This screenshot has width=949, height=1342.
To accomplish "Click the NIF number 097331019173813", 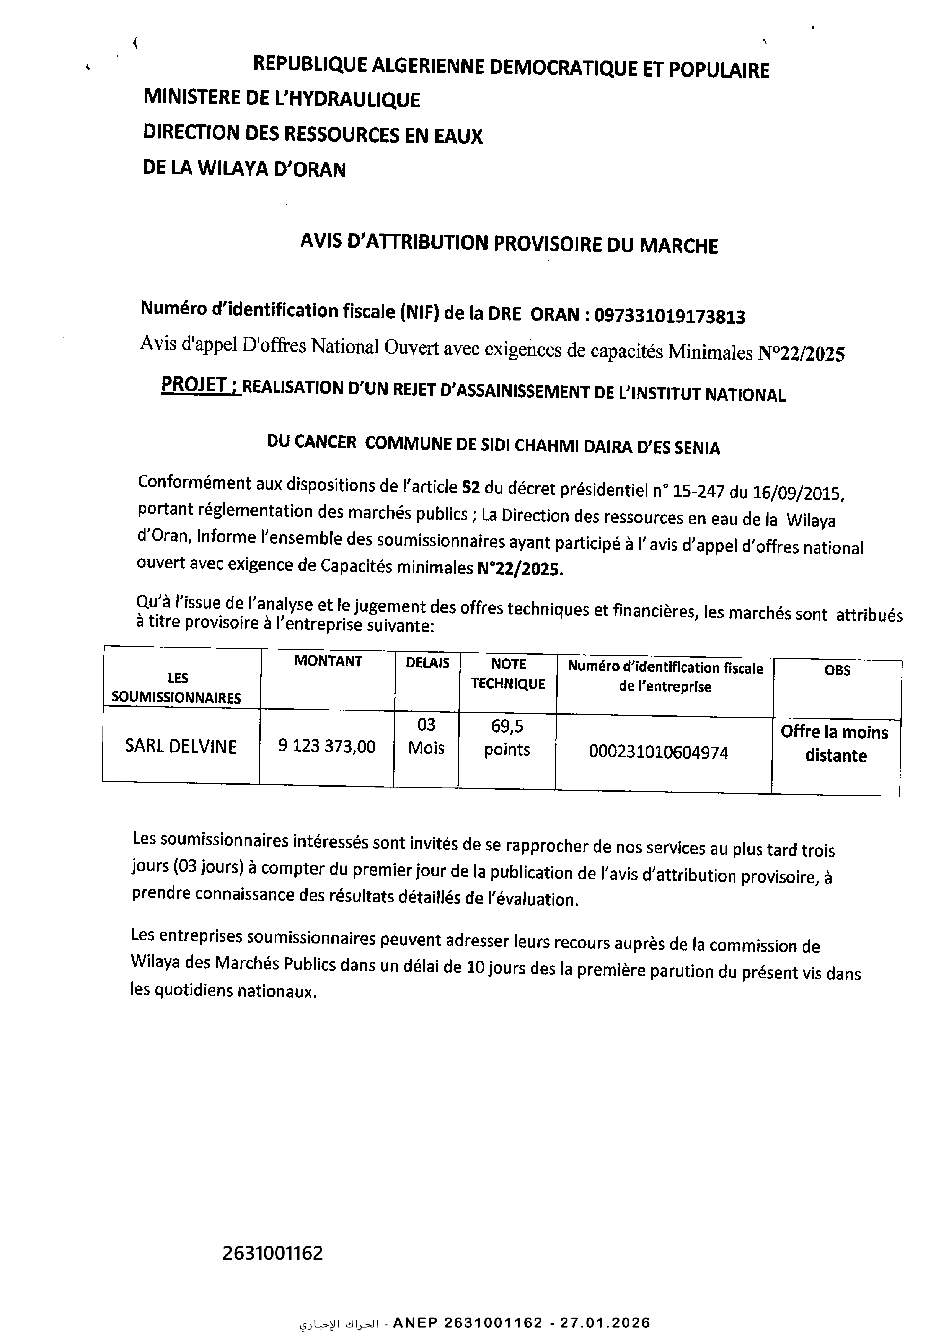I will tap(670, 316).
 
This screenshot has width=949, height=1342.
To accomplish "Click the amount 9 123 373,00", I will tap(327, 746).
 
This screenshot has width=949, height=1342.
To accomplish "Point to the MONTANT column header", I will tap(328, 661).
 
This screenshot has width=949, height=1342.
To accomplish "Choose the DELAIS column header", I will tap(427, 663).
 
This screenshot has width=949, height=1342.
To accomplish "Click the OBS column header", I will tap(837, 670).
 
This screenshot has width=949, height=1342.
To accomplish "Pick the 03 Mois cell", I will tap(426, 736).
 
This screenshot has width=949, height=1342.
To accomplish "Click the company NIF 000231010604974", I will tap(659, 753).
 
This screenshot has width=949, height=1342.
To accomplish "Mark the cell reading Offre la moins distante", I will tap(835, 743).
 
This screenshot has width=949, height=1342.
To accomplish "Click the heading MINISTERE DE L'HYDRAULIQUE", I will tap(282, 99).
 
